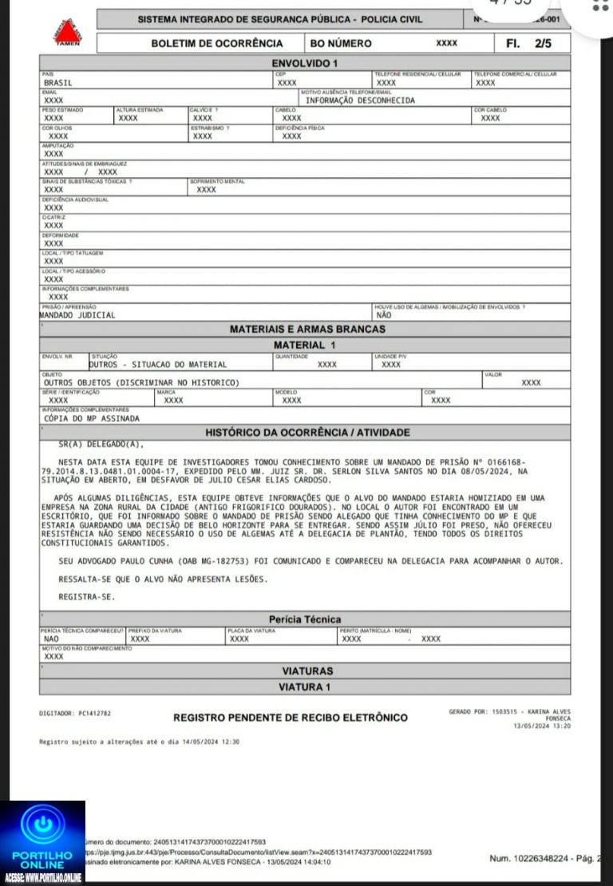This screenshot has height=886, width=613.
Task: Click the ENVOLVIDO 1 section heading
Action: [x=306, y=62]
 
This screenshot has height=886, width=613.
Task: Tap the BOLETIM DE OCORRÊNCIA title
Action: [x=217, y=43]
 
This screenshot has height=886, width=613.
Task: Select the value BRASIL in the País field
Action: [x=57, y=82]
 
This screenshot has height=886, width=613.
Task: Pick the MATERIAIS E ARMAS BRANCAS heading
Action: [x=307, y=329]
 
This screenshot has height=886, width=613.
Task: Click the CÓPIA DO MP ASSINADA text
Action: [x=92, y=417]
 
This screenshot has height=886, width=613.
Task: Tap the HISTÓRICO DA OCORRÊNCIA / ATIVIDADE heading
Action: [x=307, y=433]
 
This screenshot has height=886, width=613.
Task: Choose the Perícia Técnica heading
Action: [x=305, y=619]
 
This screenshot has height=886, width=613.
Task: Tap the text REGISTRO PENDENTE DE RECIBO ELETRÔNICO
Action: [x=291, y=718]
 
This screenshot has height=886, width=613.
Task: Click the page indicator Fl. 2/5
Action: [x=529, y=43]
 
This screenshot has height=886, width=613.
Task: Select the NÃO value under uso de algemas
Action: [x=383, y=314]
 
